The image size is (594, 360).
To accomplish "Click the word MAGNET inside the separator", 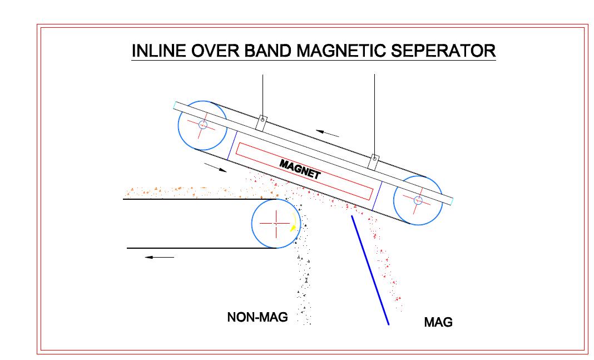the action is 300,169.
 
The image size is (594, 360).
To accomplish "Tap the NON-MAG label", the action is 257,317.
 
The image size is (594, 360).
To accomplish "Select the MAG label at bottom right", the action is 438,322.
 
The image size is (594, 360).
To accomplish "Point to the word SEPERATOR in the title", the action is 443,51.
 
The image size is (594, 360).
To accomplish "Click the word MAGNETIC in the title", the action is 341,51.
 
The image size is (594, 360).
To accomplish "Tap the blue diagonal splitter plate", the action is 370,270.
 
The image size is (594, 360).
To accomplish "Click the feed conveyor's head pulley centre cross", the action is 276,224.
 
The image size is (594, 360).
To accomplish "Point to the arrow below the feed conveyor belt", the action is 160,257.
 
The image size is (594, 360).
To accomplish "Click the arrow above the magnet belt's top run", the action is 327,134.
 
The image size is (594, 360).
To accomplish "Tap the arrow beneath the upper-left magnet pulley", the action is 215,167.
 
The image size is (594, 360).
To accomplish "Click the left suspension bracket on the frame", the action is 261,124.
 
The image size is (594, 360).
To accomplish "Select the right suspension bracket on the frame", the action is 374,162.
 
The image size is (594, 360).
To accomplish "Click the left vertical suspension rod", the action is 263,96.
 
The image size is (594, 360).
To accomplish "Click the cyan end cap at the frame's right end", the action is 452,201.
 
